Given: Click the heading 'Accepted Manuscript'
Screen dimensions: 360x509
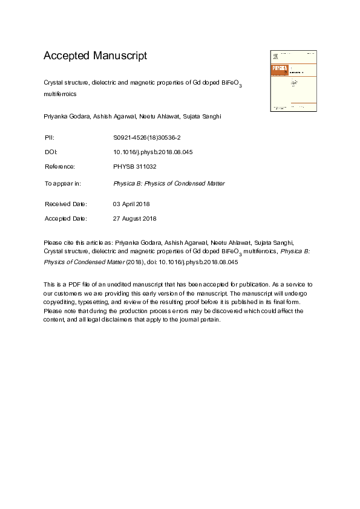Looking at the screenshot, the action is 95,56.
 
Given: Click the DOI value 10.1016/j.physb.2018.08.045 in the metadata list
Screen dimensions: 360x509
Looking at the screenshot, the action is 153,152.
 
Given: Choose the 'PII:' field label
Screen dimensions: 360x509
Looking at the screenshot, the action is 50,138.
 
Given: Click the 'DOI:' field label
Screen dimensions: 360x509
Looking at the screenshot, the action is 51,152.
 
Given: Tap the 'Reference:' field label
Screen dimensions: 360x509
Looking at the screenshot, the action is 60,166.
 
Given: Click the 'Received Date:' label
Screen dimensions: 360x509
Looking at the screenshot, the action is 66,204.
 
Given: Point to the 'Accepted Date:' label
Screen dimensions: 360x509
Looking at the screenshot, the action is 66,218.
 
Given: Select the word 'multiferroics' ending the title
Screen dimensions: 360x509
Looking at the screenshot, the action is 61,94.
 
